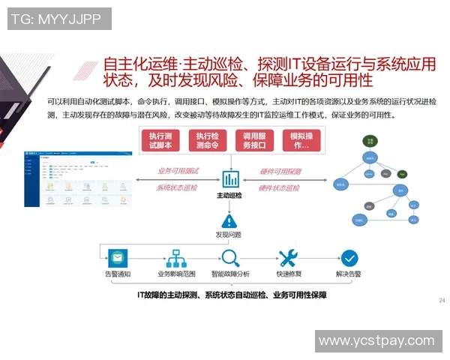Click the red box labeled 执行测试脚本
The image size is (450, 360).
[x=162, y=140]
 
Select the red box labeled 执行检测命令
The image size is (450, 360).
[x=207, y=140]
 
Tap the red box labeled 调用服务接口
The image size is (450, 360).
[x=254, y=140]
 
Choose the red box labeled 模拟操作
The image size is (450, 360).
[x=301, y=140]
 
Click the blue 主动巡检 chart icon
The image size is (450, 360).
[x=230, y=180]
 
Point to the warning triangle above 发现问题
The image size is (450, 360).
[x=230, y=220]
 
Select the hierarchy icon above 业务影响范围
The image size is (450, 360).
[x=176, y=259]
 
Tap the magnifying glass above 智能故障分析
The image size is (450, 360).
[x=230, y=259]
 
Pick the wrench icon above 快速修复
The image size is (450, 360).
[x=289, y=259]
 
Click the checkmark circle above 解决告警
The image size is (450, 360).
[x=349, y=259]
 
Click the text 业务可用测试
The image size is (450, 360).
[x=177, y=171]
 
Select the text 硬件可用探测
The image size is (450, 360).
[x=280, y=171]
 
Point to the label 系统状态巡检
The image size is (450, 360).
[x=177, y=187]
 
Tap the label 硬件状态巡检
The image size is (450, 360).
[x=280, y=187]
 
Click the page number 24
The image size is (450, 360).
[x=441, y=301]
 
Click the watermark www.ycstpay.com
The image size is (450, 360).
[x=376, y=341]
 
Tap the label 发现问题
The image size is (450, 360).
[x=230, y=235]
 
